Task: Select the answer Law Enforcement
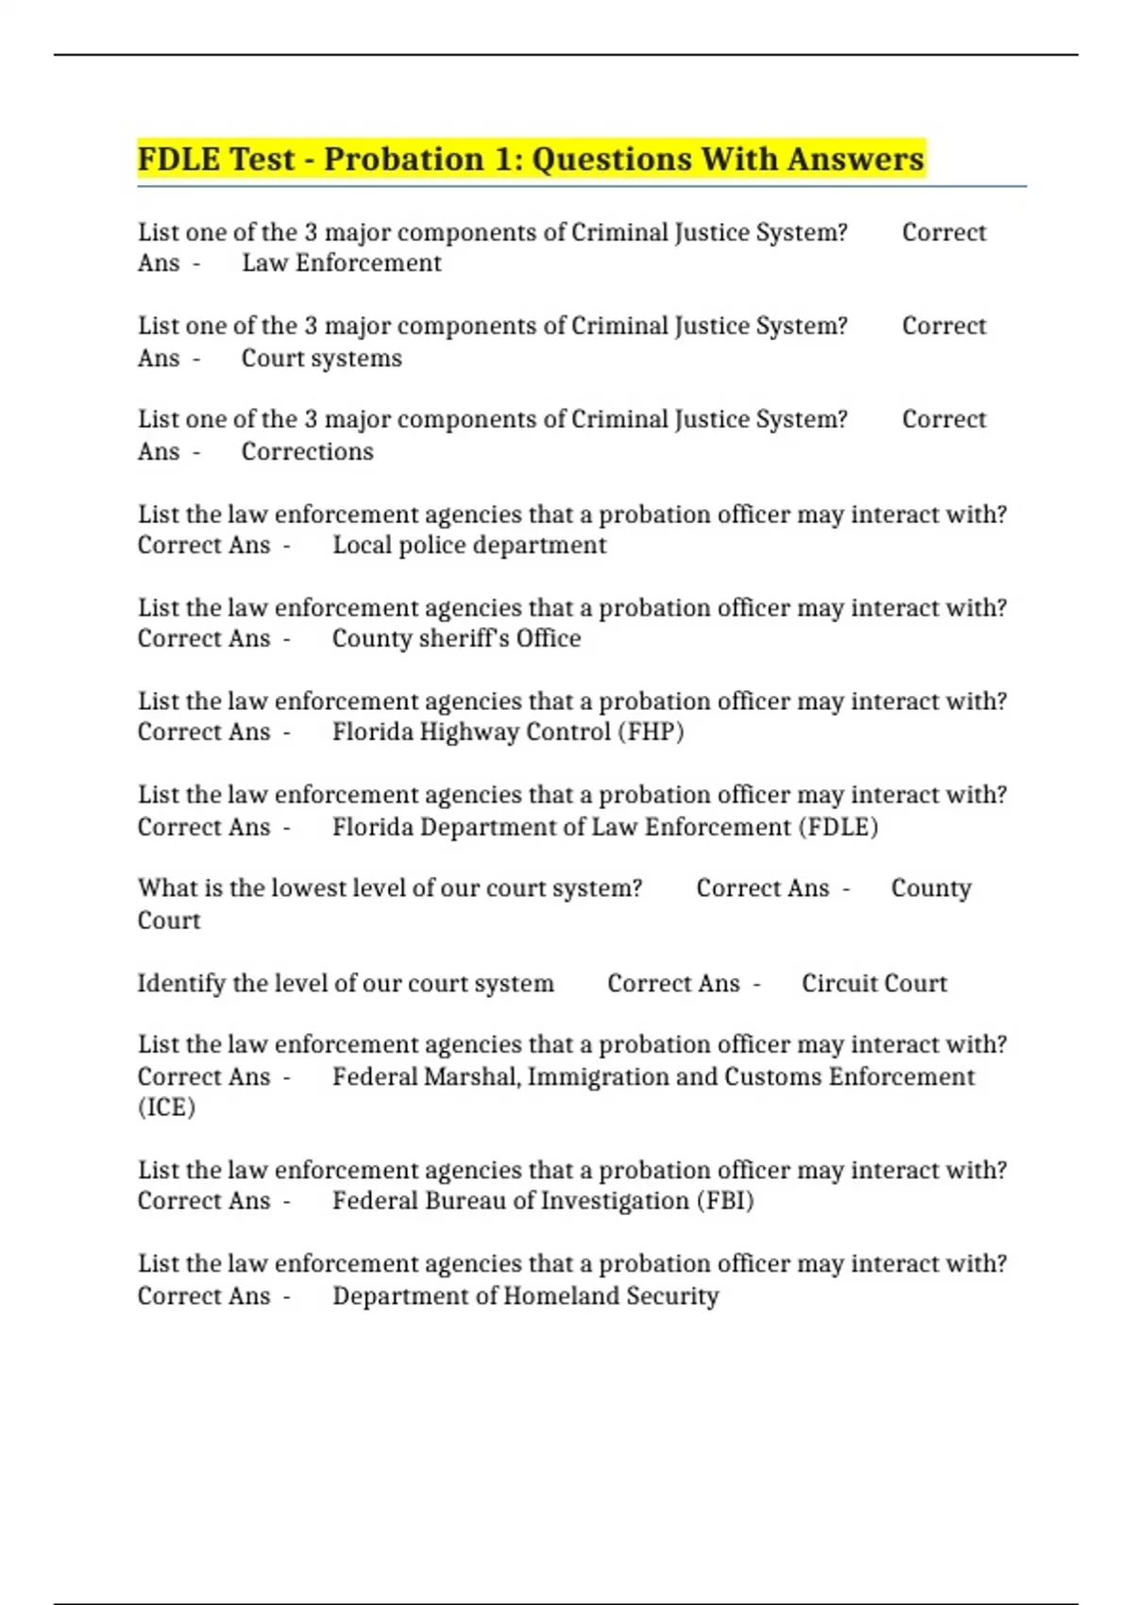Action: click(341, 262)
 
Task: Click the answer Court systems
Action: click(321, 358)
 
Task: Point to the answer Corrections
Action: click(307, 451)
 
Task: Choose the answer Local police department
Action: click(469, 545)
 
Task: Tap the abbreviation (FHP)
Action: click(651, 732)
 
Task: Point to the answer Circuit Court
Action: click(873, 983)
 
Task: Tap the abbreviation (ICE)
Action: click(166, 1107)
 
